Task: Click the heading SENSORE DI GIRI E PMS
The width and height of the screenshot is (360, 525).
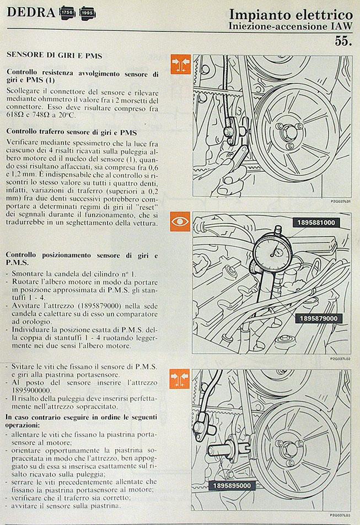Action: [54, 56]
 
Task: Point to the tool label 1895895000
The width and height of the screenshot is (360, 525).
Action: [231, 485]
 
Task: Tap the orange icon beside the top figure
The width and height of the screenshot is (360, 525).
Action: [180, 64]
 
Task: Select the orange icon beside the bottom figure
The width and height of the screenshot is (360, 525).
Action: [180, 379]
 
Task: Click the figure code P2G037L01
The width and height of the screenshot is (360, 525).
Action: [340, 202]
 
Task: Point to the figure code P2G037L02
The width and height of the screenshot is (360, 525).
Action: [340, 358]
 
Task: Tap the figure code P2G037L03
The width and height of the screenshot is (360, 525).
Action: [340, 515]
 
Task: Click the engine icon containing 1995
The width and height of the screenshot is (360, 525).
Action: [87, 12]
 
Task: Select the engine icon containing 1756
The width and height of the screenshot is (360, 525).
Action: [66, 12]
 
